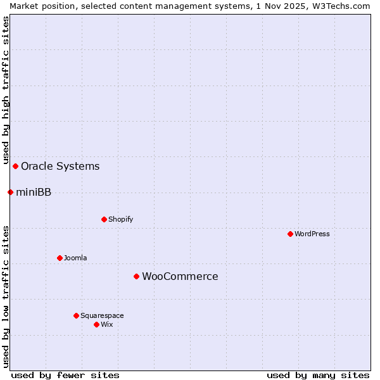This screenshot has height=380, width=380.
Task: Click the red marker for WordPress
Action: pos(290,234)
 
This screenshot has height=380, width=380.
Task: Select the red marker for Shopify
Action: pos(104,219)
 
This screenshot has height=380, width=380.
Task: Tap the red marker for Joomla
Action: pos(60,258)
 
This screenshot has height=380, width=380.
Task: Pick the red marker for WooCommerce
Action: pos(136,276)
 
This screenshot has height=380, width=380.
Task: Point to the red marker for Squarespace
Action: pos(76,315)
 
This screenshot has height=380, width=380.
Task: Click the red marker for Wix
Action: pos(96,324)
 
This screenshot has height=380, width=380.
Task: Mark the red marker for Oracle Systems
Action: pos(15,166)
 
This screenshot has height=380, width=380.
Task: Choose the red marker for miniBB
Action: pos(10,192)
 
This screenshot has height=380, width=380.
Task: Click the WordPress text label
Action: pos(312,234)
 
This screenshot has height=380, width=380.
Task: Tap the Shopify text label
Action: pos(120,219)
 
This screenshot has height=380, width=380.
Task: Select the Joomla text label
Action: pos(75,258)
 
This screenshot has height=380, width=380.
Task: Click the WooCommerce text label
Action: pos(180,276)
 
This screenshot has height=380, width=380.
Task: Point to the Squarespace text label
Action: pos(102,315)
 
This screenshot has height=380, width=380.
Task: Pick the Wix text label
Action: pos(106,324)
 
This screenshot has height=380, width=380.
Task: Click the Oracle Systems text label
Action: pos(60,166)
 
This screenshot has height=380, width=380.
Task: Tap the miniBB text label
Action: pos(34,192)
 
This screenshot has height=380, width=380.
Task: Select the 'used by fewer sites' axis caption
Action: pos(65,375)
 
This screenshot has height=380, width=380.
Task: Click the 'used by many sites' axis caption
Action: pos(318,375)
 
